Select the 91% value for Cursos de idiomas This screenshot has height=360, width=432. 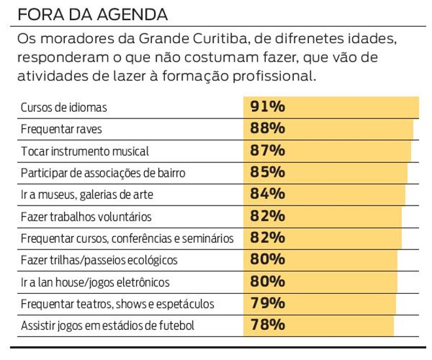point(267,107)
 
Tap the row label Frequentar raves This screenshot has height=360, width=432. point(62,129)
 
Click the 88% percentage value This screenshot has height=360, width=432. point(267,128)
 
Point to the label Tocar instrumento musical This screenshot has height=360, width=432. point(85,151)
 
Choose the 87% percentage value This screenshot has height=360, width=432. point(267,151)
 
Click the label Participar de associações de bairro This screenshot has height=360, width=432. point(103,173)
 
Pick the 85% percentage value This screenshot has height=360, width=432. point(267,172)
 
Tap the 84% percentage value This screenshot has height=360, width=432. point(267,194)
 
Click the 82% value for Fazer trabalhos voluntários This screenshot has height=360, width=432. point(267,216)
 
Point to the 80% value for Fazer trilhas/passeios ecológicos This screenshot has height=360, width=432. point(267,260)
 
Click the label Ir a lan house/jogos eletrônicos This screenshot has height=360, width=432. point(95,283)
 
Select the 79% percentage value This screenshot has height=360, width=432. point(267,304)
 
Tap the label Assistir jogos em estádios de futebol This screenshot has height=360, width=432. point(107,326)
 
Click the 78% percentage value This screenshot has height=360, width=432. point(267,325)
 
